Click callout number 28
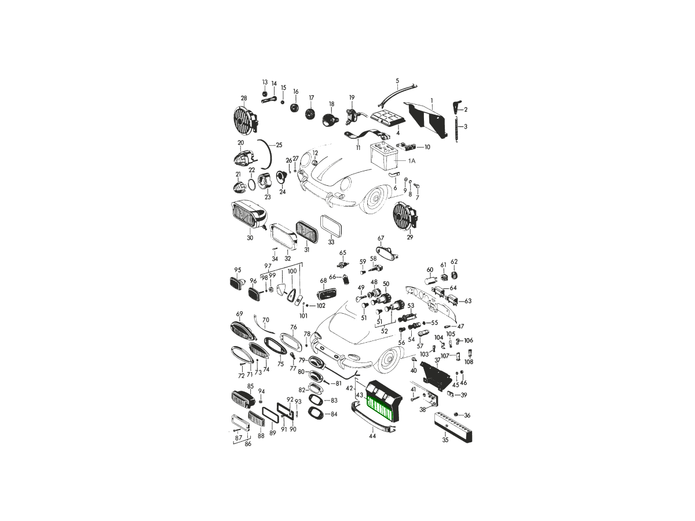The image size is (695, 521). click(244, 98)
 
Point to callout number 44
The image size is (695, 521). click(372, 436)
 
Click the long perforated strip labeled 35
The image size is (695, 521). click(453, 427)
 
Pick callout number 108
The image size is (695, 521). click(469, 362)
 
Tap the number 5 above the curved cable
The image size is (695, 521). click(397, 80)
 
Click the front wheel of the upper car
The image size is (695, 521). click(376, 199)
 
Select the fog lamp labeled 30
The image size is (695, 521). click(249, 216)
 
